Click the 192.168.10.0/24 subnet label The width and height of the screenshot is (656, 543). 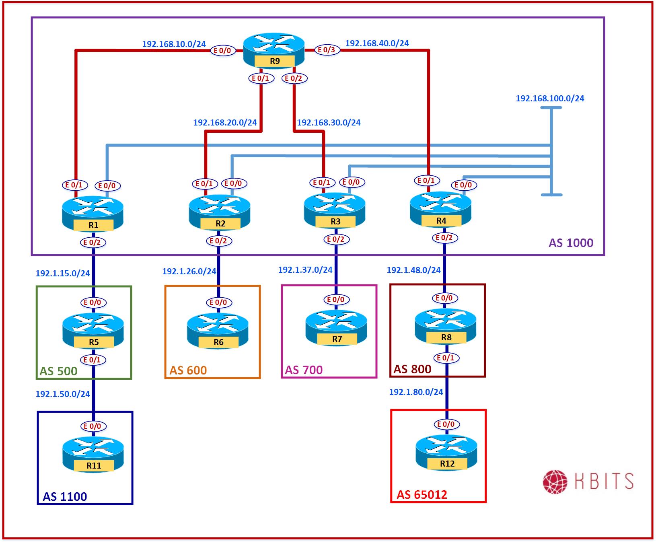coord(174,44)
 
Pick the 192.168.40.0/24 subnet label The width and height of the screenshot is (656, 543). coord(377,43)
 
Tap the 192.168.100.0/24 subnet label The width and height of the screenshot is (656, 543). coord(550,99)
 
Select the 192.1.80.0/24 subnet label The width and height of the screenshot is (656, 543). coord(416,392)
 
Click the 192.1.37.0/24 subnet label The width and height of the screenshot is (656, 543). coord(305,270)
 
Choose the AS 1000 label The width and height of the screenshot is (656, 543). coord(571,243)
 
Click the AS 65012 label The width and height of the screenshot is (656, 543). coord(422,495)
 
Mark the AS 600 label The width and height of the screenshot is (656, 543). coord(188,370)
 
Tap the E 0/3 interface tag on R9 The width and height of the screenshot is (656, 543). coord(327,50)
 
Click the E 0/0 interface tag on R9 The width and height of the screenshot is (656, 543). coord(222,51)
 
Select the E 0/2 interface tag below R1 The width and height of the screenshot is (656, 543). coord(93,243)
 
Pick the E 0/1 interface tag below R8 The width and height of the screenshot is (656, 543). coord(446,358)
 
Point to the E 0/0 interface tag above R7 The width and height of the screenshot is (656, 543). coord(336,300)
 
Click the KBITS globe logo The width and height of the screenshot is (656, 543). coord(555,481)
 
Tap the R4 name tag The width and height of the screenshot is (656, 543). coord(441,221)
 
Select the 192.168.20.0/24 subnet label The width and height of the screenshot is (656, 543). coord(225,123)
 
